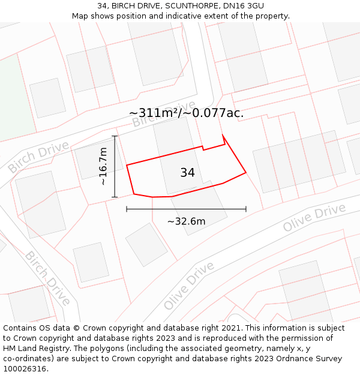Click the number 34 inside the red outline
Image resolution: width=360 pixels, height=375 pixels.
pos(187,173)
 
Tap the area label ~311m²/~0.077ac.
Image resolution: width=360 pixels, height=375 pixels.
pos(186,113)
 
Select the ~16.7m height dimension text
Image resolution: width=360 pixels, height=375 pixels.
pos(103,166)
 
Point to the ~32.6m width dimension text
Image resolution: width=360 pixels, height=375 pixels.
pos(186,221)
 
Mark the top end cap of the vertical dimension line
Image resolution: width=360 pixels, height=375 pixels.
pos(115,136)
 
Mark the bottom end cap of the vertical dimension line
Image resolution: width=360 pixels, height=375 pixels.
pos(115,197)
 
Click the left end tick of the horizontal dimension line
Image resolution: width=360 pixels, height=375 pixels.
pos(127,209)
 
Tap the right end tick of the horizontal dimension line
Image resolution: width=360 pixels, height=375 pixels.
pos(246,209)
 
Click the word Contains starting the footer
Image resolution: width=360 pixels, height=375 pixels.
pos(21,328)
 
